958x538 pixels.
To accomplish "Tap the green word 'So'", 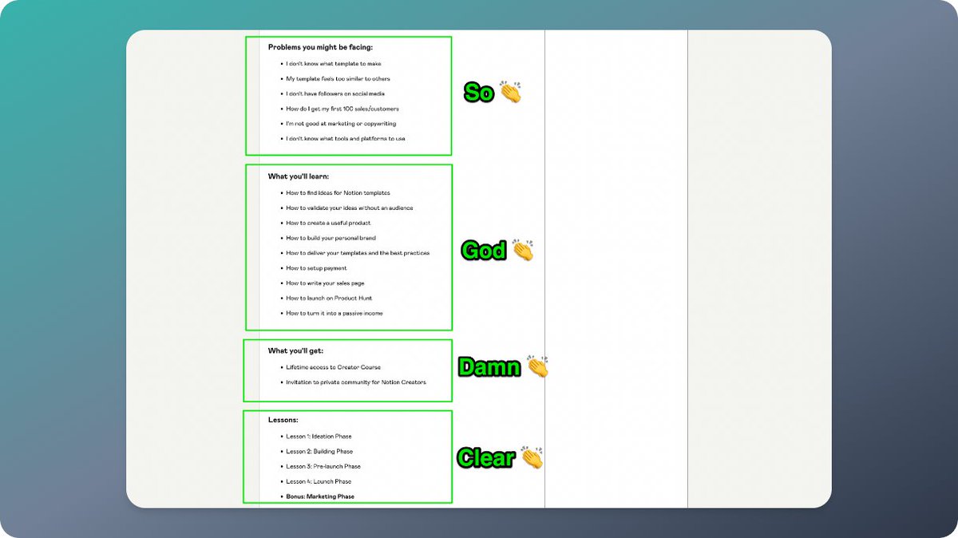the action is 479,93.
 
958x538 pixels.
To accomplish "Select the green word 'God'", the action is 484,251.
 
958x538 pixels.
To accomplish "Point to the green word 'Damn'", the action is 489,367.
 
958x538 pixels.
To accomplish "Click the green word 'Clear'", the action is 485,458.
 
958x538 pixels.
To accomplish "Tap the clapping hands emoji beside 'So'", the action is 510,92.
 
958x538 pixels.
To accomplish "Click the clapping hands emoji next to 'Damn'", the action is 538,367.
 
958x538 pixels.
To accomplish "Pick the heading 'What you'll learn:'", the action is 298,176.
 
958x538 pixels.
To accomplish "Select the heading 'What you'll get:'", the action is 295,351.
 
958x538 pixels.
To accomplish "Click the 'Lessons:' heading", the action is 283,420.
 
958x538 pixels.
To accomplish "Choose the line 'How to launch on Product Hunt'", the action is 329,299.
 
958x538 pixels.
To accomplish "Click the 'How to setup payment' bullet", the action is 316,268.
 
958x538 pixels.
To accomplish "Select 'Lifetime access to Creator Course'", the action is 333,368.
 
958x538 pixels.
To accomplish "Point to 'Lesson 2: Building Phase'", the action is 319,452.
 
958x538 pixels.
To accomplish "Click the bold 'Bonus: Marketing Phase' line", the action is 320,496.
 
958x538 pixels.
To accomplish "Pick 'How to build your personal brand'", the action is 331,238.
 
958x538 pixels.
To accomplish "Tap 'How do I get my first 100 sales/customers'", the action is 342,109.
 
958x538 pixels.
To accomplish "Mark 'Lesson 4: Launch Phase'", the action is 319,481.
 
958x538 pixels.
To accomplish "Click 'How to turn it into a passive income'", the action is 334,314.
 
